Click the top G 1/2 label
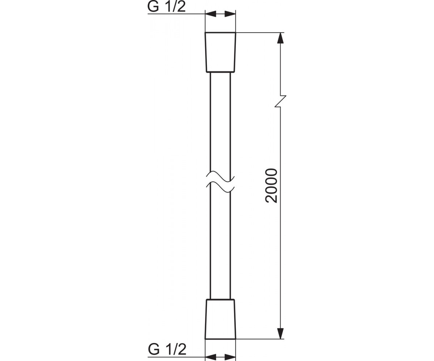(x=166, y=7)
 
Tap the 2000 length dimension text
(x=272, y=186)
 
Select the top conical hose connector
(x=220, y=52)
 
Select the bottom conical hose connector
(x=220, y=320)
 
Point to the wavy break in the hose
(x=220, y=182)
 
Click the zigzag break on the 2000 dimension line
(x=280, y=101)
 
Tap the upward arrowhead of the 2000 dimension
(x=281, y=38)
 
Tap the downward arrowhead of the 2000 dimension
(x=281, y=334)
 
